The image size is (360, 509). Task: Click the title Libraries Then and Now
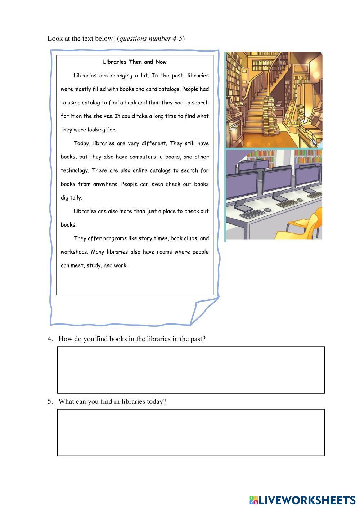[135, 62]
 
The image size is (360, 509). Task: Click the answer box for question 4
[191, 370]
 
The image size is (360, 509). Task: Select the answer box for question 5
[191, 432]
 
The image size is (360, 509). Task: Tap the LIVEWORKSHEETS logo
[302, 500]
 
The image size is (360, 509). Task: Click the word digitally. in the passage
[71, 198]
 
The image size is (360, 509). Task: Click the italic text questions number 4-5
[151, 39]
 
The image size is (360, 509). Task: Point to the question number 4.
[50, 339]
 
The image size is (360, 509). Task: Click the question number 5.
[50, 402]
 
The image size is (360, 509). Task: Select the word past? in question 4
[197, 339]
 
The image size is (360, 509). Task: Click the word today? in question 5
[157, 402]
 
